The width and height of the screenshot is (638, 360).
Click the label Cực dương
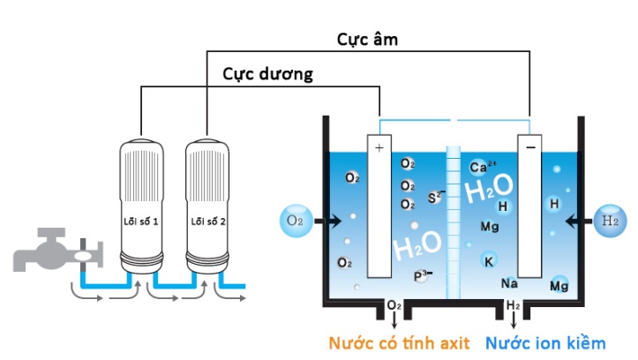(x=267, y=75)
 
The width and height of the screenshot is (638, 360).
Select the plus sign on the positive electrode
(x=379, y=148)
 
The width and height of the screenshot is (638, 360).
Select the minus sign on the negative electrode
(x=530, y=148)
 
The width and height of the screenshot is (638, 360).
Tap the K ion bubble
(x=488, y=260)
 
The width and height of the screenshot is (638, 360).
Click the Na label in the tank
(x=509, y=283)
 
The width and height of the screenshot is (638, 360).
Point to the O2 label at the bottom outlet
(x=394, y=306)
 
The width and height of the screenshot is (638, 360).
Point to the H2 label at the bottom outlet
(x=514, y=306)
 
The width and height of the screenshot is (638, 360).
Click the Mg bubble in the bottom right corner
(x=559, y=285)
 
